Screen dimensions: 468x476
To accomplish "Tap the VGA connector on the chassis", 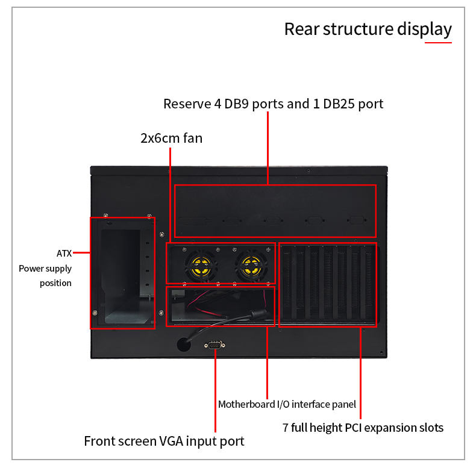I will point(214,345).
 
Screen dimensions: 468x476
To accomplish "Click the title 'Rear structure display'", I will point(368,29).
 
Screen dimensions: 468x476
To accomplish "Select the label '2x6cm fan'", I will point(171,138).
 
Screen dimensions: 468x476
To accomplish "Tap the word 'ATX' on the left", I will point(64,254).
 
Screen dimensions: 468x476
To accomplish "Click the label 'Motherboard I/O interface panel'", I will point(287,404).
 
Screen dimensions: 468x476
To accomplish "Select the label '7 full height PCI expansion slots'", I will point(363,428).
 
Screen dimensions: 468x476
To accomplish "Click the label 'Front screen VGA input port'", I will point(164,441).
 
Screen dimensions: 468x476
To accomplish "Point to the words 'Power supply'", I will point(45,269).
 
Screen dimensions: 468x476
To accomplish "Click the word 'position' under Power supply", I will point(55,283).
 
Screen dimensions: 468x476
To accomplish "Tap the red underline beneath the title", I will point(438,42).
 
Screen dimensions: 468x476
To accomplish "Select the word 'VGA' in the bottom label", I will point(172,441).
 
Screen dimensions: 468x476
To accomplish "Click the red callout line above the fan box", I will point(170,193).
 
